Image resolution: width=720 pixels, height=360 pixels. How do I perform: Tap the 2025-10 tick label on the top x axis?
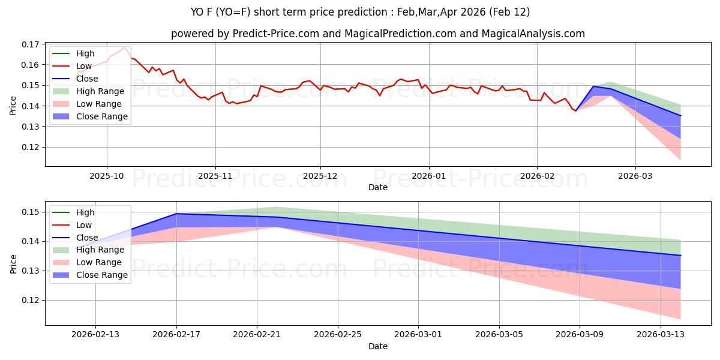pyautogui.click(x=107, y=177)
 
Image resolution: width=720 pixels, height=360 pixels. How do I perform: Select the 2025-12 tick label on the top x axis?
pyautogui.click(x=320, y=177)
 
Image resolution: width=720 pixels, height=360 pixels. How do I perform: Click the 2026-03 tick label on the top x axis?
pyautogui.click(x=635, y=177)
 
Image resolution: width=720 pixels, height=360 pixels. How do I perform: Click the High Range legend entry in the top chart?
pyautogui.click(x=100, y=91)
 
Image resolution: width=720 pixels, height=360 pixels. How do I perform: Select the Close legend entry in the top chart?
pyautogui.click(x=87, y=79)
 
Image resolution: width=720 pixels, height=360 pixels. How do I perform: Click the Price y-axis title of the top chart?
pyautogui.click(x=13, y=105)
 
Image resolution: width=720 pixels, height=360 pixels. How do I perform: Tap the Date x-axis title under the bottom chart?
pyautogui.click(x=378, y=346)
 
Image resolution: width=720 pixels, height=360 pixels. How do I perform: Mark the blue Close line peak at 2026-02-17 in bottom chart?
pyautogui.click(x=176, y=214)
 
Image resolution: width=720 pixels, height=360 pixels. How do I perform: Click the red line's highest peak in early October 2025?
pyautogui.click(x=125, y=47)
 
